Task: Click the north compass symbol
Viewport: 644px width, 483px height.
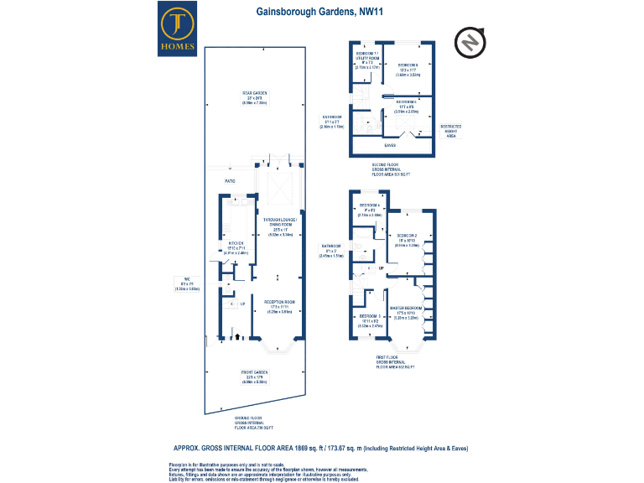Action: (469, 42)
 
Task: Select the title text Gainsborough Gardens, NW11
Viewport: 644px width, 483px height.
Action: (321, 12)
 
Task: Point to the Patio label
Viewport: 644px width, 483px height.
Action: (229, 180)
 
